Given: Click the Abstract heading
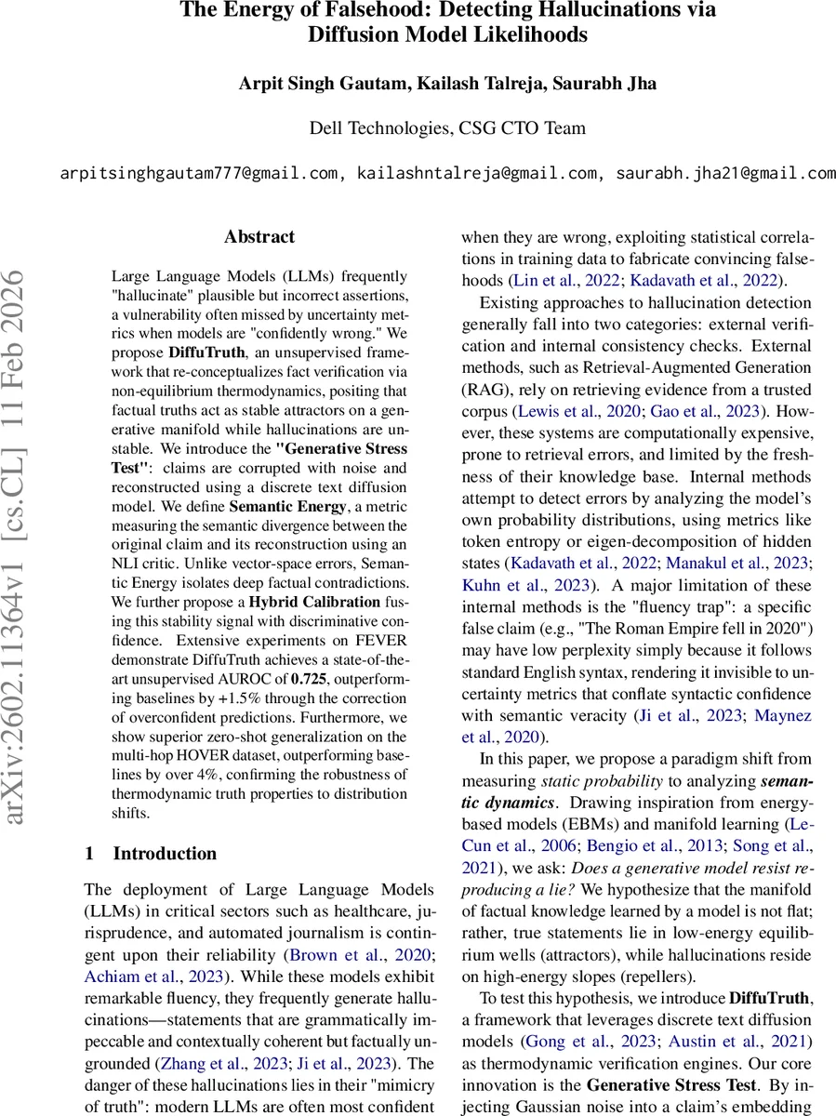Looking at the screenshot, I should coord(259,237).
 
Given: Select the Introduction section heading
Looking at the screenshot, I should coord(165,853).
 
